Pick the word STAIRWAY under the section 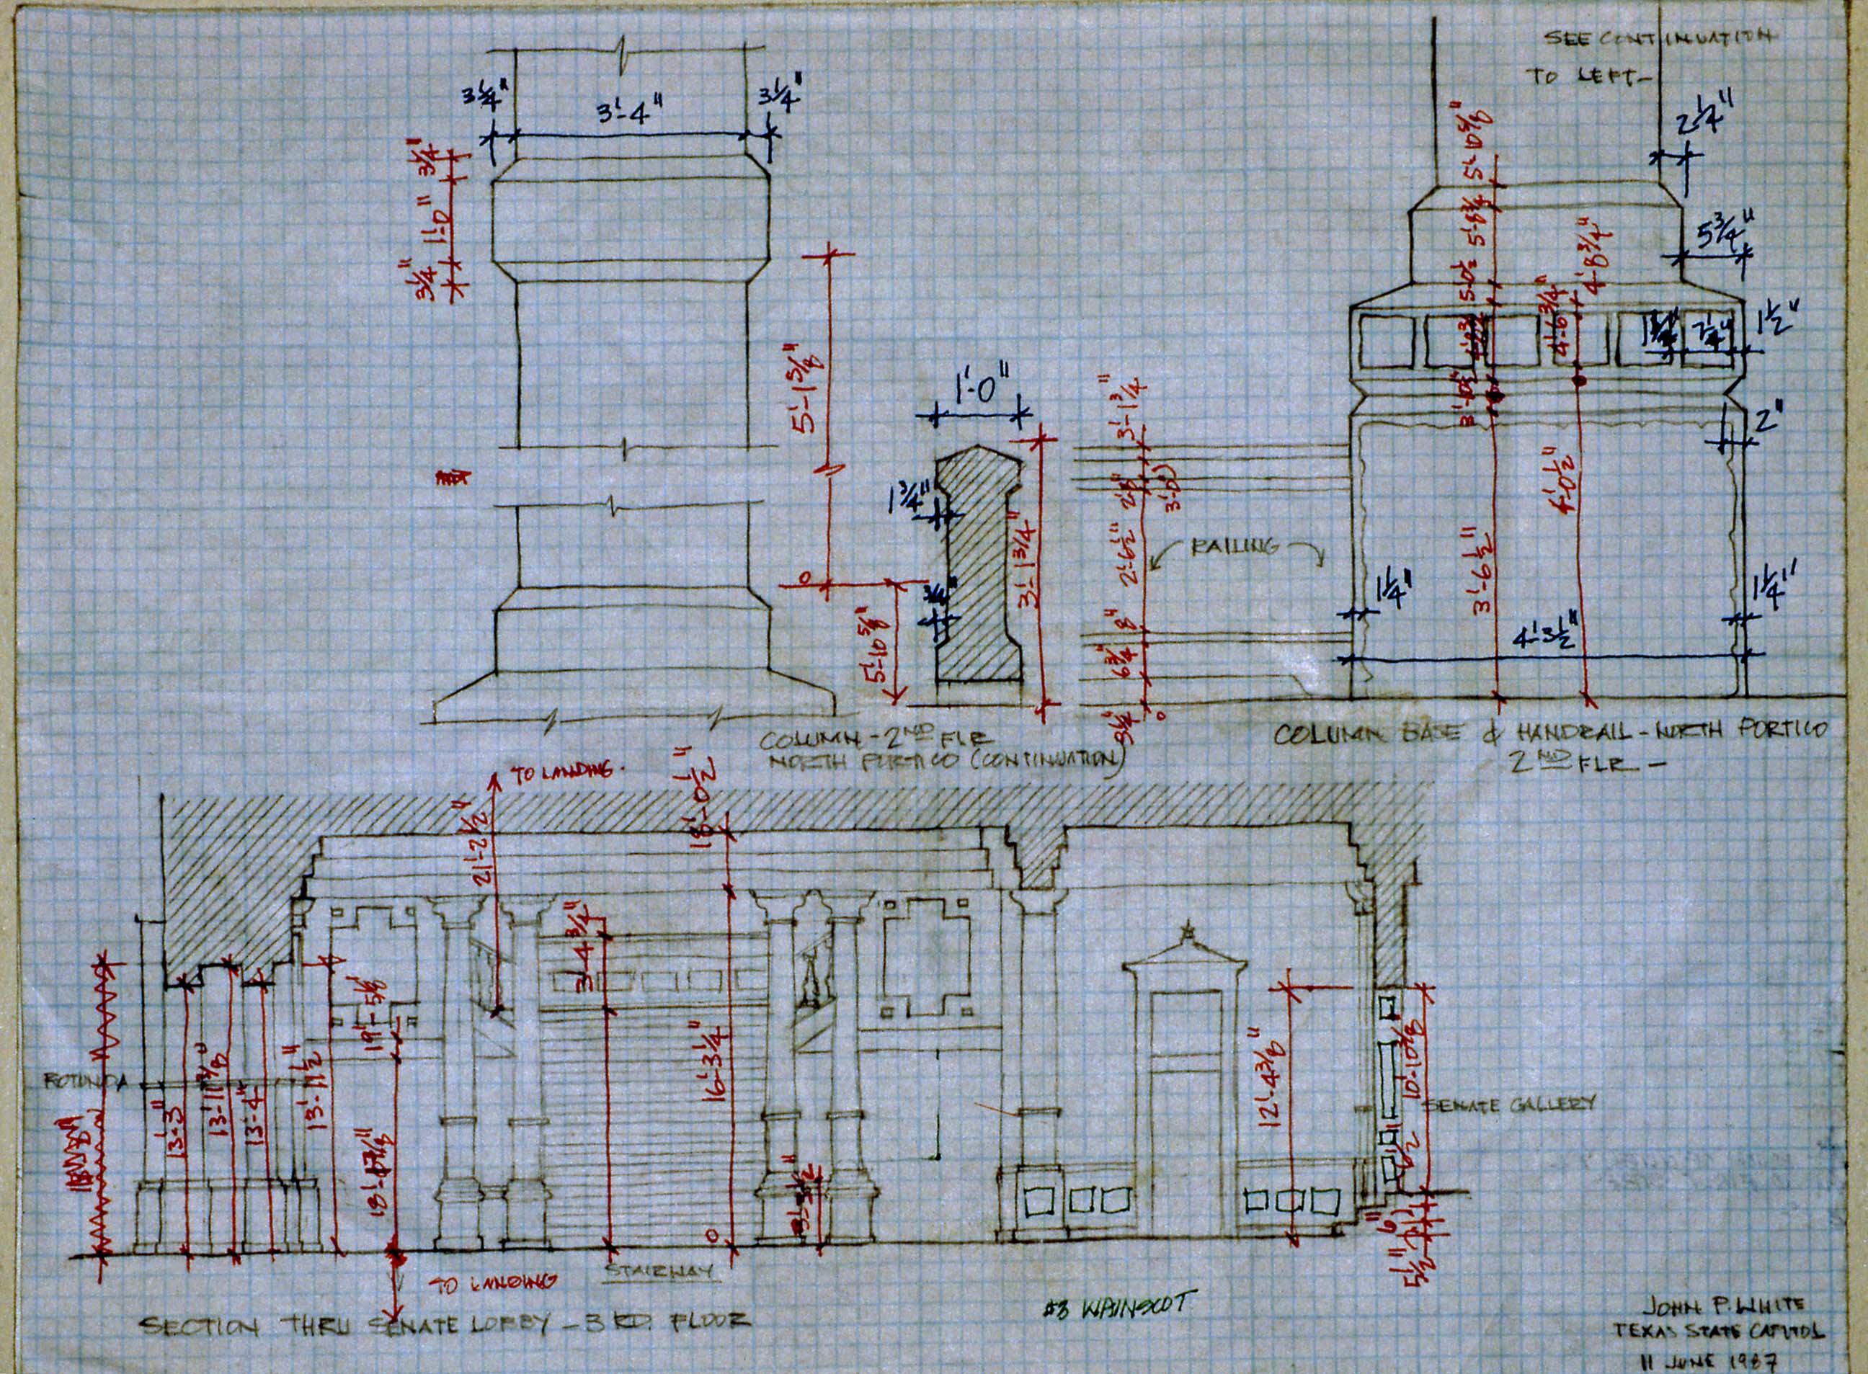click(657, 1294)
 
